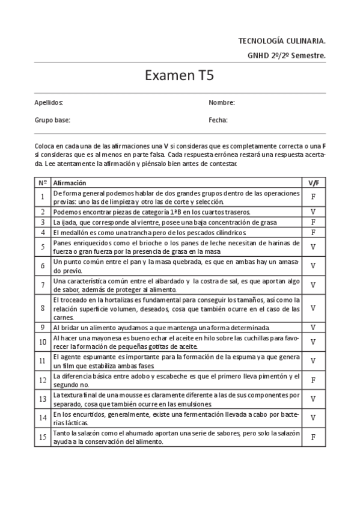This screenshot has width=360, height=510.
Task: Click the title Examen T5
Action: tap(179, 76)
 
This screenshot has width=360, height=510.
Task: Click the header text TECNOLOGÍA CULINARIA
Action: tap(282, 41)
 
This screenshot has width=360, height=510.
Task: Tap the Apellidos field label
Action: tap(49, 103)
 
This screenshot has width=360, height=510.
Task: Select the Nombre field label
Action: tap(221, 103)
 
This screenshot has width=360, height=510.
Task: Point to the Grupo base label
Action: tap(52, 120)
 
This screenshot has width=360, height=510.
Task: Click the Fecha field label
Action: tap(218, 120)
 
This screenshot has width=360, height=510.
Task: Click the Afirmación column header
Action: tap(70, 182)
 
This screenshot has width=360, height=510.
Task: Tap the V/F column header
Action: tap(313, 182)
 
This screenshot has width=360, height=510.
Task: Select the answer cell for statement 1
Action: tap(313, 197)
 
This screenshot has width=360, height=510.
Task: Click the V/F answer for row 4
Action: tap(313, 232)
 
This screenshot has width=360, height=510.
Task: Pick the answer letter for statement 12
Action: tap(313, 380)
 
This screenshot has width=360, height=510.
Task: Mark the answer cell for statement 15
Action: tap(313, 437)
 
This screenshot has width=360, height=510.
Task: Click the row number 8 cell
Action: tap(43, 308)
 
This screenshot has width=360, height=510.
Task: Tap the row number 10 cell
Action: tap(43, 342)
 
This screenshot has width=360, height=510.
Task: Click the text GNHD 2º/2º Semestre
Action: tap(286, 55)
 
